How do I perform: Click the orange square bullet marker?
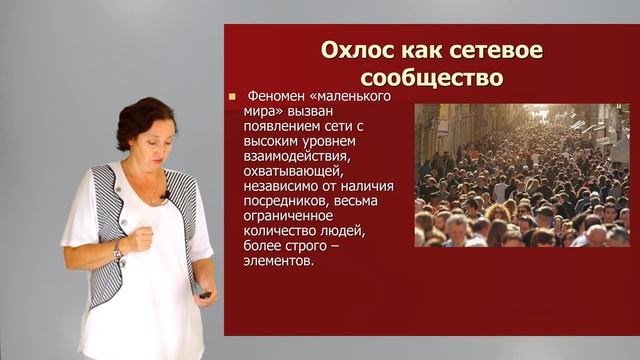[232, 97]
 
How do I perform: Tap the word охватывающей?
[289, 171]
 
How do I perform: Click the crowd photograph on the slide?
[521, 175]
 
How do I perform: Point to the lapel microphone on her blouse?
[164, 194]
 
